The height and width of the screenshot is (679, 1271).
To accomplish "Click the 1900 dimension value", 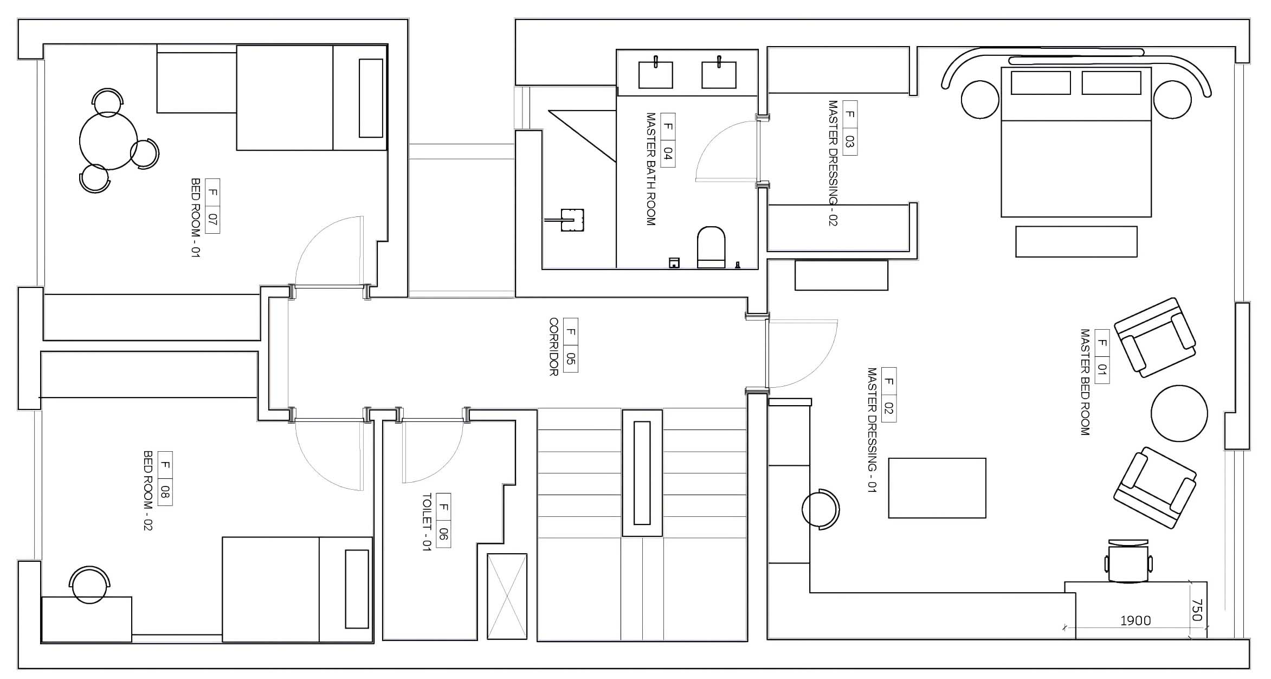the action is click(x=1135, y=620).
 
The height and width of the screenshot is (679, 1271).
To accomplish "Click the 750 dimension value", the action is click(x=1197, y=610).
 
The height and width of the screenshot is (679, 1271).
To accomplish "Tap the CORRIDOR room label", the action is click(x=553, y=347).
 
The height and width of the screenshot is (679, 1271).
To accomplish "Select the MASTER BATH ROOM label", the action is click(x=651, y=169).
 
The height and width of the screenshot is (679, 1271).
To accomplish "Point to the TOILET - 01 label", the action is click(x=427, y=522).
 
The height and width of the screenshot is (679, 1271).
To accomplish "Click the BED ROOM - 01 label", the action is click(x=196, y=218).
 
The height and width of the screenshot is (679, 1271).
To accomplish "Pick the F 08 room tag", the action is click(x=165, y=478).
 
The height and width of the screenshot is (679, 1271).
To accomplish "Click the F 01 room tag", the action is click(x=1102, y=356).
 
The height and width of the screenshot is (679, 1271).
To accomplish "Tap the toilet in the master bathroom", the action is click(x=711, y=247).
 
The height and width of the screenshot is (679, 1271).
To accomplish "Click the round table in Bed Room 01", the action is click(x=108, y=140).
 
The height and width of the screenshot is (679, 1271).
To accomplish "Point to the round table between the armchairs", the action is click(x=1179, y=413).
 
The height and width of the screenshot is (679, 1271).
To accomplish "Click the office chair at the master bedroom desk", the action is click(x=1128, y=562).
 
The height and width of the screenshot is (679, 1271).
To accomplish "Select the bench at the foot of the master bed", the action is click(x=1076, y=241).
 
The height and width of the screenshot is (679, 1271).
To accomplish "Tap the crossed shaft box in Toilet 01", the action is click(x=507, y=596).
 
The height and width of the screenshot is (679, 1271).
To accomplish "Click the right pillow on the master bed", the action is click(x=1111, y=83).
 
